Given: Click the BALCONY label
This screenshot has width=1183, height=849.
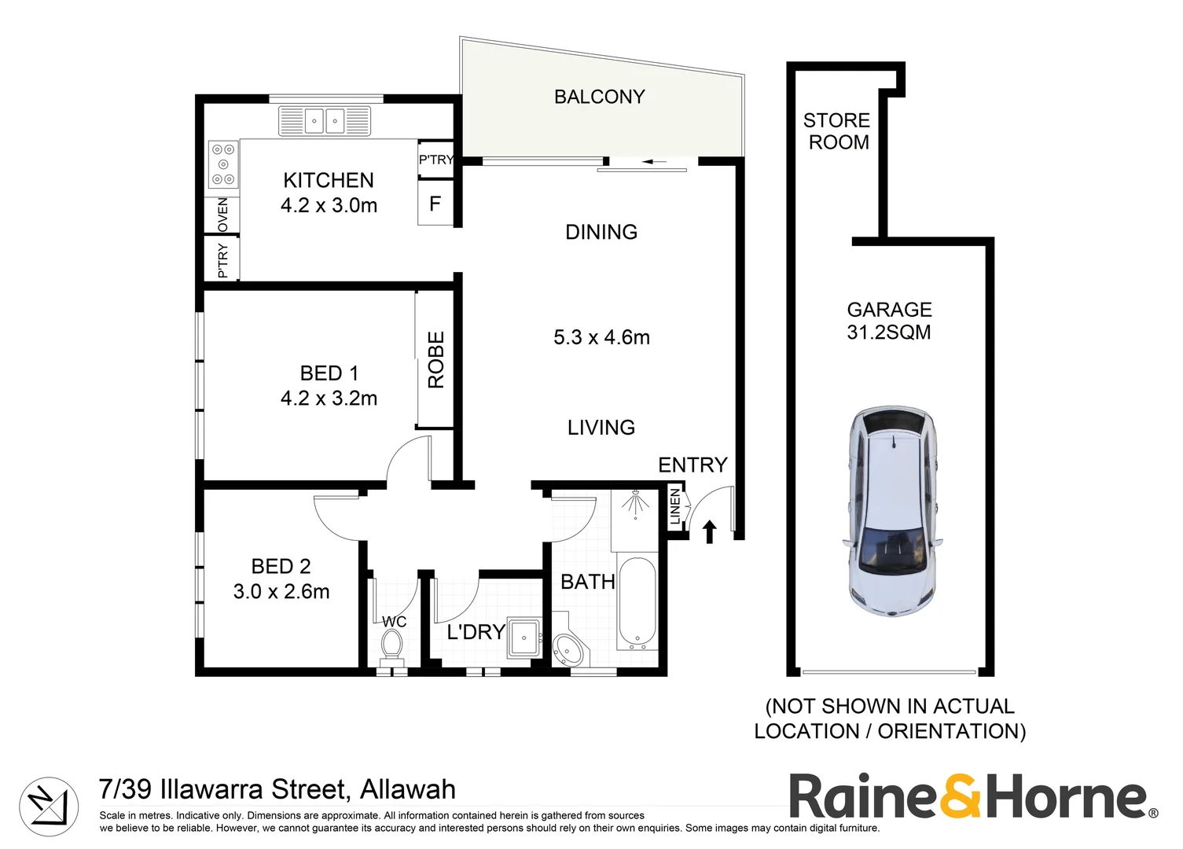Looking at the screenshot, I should [x=599, y=97].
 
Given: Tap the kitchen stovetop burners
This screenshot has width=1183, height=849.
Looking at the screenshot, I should [x=222, y=164].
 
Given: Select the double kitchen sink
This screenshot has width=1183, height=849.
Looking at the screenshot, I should [x=324, y=121].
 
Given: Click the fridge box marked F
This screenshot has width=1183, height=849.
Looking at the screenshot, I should [x=435, y=204].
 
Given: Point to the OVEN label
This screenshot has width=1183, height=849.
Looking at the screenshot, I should [x=222, y=215].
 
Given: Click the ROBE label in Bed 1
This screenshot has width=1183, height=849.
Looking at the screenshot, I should [x=435, y=359].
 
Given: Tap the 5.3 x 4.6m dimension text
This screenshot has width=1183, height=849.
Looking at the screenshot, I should [x=601, y=337].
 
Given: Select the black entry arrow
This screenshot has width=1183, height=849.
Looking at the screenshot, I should [x=710, y=531].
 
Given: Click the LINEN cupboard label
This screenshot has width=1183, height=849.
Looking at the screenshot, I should [x=675, y=507].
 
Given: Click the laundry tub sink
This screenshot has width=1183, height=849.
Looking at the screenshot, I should [x=523, y=638].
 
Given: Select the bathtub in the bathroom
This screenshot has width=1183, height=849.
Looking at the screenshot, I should [x=637, y=603].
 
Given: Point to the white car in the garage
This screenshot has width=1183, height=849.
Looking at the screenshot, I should [x=893, y=511].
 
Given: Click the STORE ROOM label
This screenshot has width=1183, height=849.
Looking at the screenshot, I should [x=837, y=131].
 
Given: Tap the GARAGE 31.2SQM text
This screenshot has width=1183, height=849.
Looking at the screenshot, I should [x=889, y=321].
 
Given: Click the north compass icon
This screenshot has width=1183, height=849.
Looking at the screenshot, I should [x=49, y=806].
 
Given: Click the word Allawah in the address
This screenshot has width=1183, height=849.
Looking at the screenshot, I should [x=406, y=788].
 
